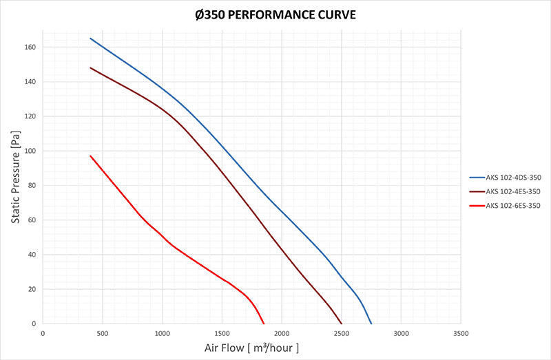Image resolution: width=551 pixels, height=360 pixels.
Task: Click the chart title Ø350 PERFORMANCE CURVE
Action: [275, 14]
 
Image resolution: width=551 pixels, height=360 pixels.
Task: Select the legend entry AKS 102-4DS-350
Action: [512, 178]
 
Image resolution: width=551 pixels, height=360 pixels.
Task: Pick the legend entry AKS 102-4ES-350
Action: [512, 191]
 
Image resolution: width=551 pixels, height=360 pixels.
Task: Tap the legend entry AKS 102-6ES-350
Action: [512, 205]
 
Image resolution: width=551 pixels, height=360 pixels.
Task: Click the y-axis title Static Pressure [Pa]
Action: [14, 177]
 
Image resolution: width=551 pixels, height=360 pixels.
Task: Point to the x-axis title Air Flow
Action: [251, 348]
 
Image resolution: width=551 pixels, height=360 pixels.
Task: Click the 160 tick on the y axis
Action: [30, 47]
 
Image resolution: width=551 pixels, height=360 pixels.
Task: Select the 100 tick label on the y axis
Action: [30, 151]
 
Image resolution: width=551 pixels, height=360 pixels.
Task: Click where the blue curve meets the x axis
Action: [371, 324]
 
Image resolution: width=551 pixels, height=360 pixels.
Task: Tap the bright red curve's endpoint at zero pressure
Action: [264, 324]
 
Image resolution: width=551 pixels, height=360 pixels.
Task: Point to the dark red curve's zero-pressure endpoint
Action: [342, 324]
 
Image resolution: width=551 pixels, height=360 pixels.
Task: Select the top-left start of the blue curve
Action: [90, 39]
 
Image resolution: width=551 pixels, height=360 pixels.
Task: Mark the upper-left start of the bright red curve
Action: [90, 156]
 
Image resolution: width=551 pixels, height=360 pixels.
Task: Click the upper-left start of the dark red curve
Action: [90, 67]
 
